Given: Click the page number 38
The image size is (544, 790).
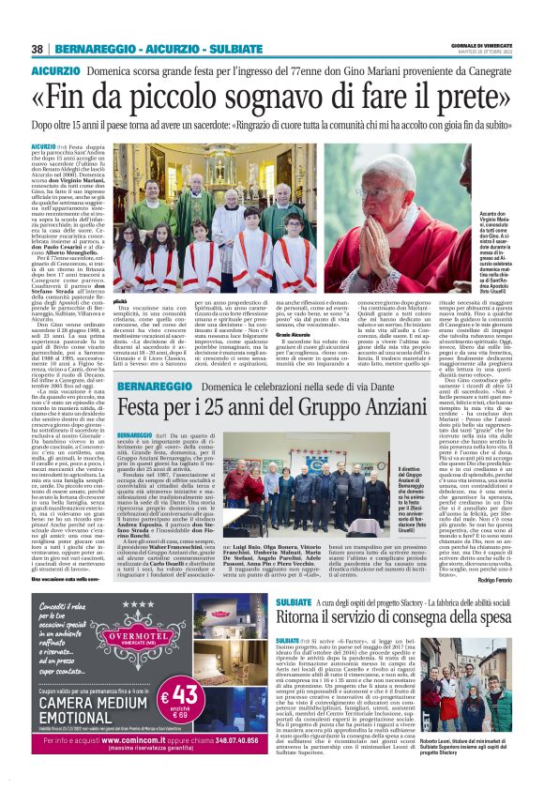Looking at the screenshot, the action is (x=38, y=49).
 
